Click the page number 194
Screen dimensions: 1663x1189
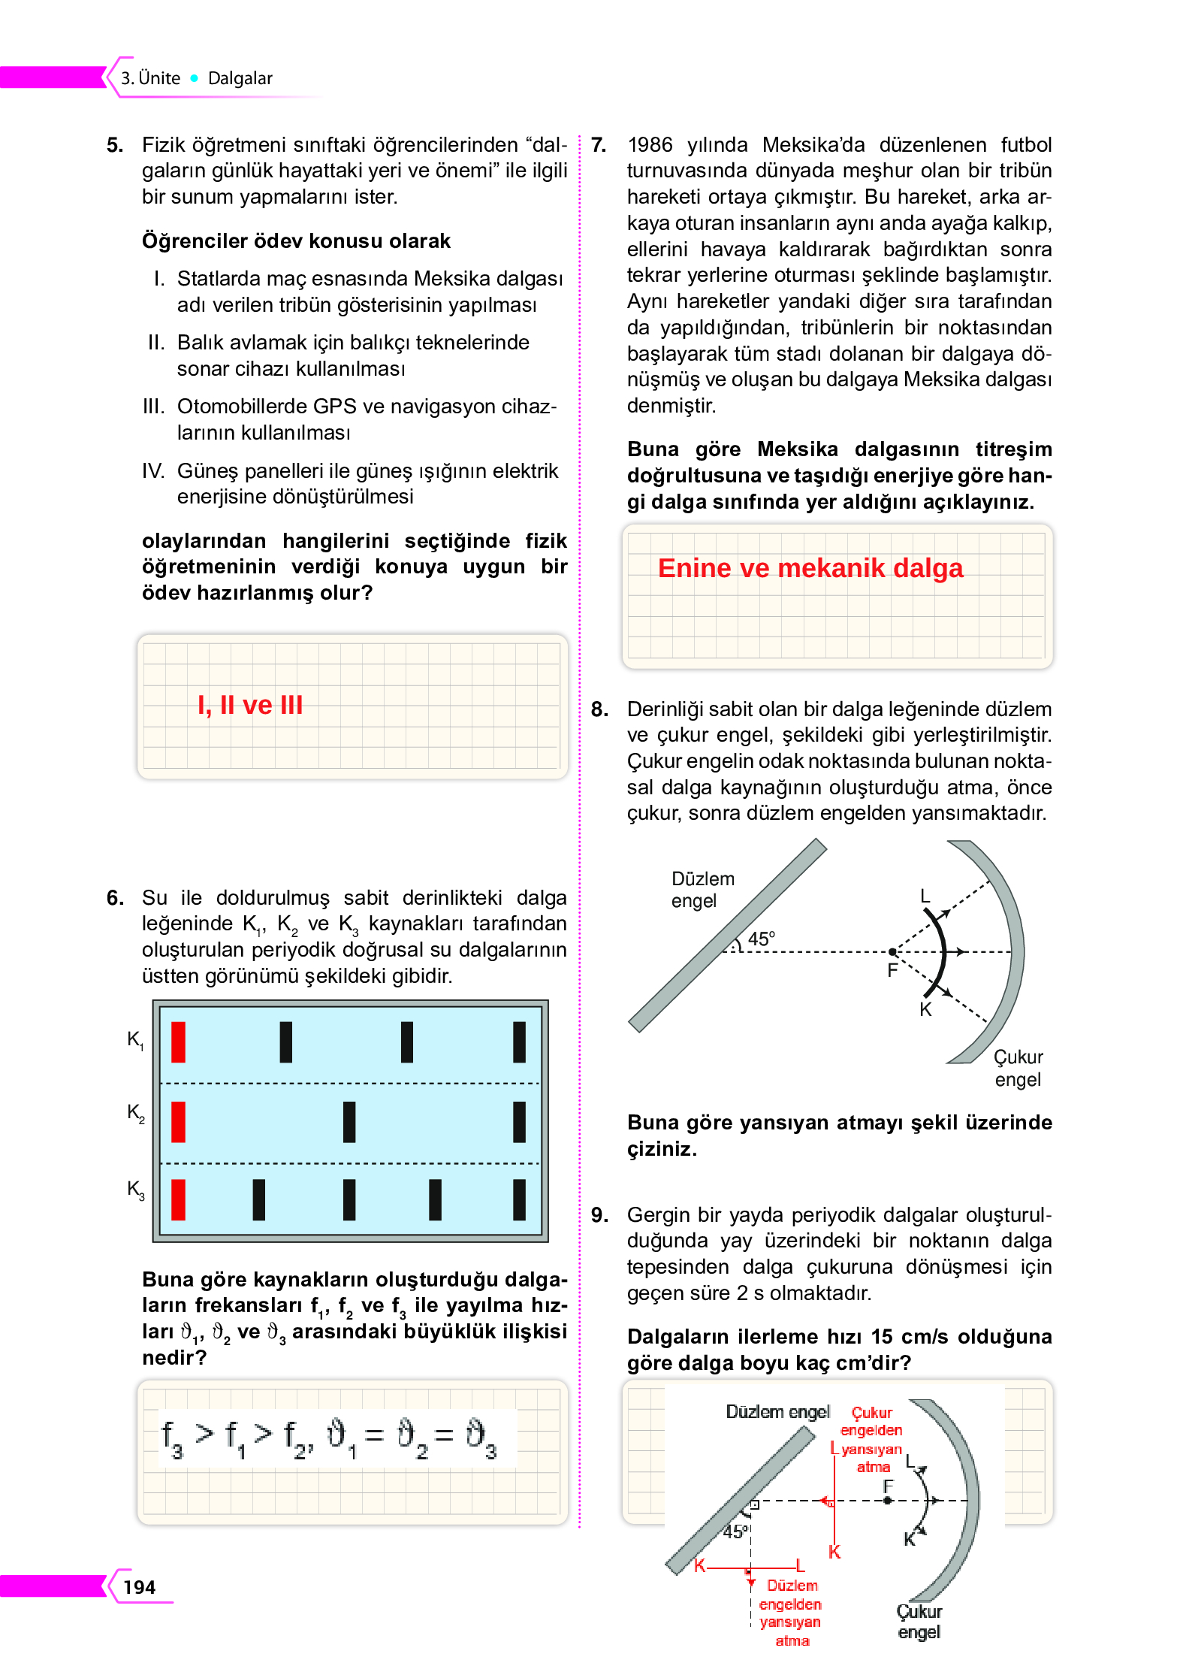tap(139, 1586)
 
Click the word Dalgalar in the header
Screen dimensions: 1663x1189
tap(240, 78)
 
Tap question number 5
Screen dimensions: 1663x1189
tap(114, 144)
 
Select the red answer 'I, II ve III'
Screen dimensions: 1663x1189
tap(249, 705)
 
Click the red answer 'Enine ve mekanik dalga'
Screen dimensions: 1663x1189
tap(810, 568)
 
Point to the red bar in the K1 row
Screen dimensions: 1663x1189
tap(178, 1042)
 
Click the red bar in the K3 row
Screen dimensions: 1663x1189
tap(178, 1199)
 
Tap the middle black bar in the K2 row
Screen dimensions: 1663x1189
tap(349, 1121)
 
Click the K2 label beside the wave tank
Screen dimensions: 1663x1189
tap(135, 1112)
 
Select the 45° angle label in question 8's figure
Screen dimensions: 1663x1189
tap(761, 939)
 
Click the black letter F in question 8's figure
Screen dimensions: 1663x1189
tap(892, 970)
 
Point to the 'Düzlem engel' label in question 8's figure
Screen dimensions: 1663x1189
tap(702, 890)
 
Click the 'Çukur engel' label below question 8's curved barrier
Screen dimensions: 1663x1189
tap(1018, 1068)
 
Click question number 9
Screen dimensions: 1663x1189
tap(599, 1214)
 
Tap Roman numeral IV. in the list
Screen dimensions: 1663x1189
tap(152, 470)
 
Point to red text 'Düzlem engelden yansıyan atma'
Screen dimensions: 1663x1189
tap(792, 1612)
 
